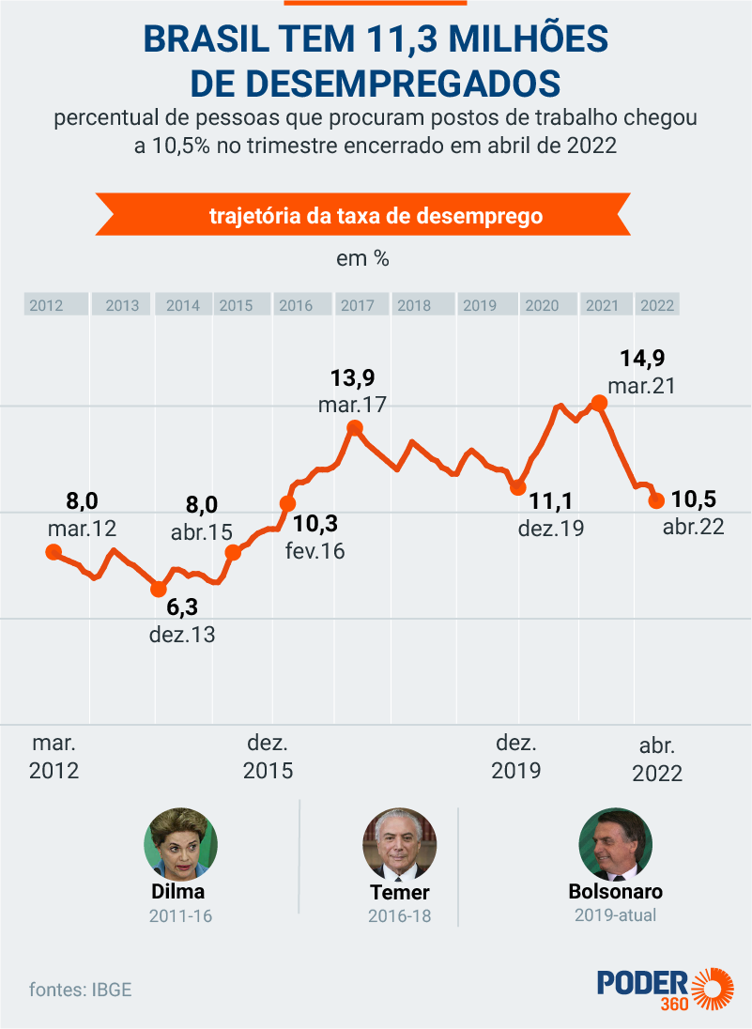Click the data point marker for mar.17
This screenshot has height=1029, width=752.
[x=354, y=429]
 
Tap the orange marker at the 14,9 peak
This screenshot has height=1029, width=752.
[x=599, y=404]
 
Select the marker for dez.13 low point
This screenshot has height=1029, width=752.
[x=159, y=590]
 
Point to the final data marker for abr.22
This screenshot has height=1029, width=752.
[x=657, y=500]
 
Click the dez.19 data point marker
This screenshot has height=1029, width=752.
[x=517, y=487]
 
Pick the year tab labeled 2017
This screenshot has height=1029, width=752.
[x=358, y=305]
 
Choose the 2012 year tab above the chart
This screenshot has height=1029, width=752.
[x=46, y=305]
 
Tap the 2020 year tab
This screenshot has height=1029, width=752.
[x=542, y=305]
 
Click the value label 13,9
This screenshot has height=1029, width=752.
[x=353, y=378]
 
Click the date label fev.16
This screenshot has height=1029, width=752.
[x=315, y=551]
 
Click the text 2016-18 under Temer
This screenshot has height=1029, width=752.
[x=400, y=915]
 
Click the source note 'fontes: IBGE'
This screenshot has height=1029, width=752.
[x=80, y=989]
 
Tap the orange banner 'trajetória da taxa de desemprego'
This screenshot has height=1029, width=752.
[x=376, y=216]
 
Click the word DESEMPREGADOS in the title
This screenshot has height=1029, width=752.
[x=376, y=83]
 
